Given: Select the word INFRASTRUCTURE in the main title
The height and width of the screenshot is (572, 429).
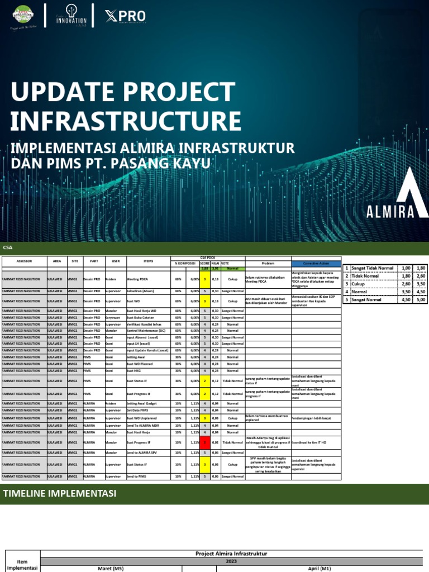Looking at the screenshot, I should [x=126, y=121].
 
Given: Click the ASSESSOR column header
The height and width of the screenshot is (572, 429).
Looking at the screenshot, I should [x=24, y=261].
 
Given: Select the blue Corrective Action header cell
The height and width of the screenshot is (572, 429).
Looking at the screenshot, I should [x=316, y=263].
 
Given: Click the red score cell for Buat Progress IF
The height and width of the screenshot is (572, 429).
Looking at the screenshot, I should [x=205, y=442].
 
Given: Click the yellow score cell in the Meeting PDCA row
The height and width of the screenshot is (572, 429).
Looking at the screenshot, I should [x=205, y=279].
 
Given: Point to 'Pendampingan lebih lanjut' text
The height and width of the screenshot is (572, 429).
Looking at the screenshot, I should [x=313, y=418].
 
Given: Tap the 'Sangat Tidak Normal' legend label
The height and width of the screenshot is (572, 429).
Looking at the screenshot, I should [x=372, y=269].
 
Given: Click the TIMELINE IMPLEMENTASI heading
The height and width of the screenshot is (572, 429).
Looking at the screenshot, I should [x=60, y=493].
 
